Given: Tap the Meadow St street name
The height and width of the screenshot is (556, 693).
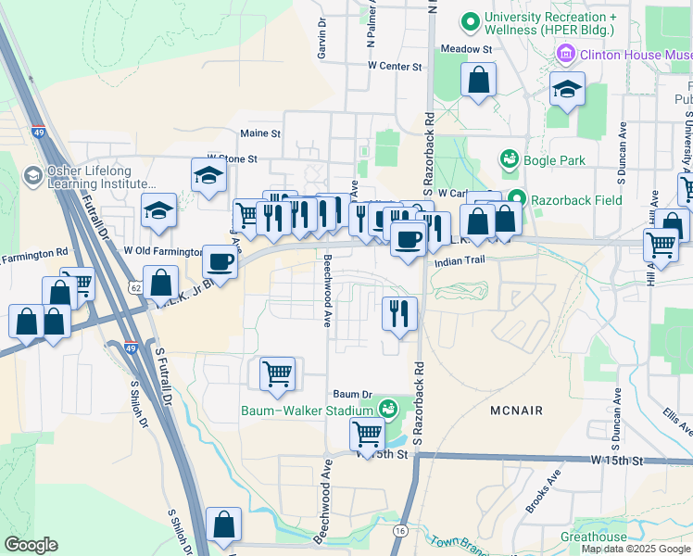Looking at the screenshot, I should coord(465,48).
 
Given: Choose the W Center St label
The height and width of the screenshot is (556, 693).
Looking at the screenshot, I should coord(394,67).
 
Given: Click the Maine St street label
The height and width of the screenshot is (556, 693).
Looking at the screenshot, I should coord(260,133).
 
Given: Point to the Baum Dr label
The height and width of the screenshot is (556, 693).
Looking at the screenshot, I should coord(352,394).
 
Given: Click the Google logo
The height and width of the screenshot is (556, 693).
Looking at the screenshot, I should coord(31,545).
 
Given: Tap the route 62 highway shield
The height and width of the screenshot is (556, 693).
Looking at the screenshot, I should coord(135,289).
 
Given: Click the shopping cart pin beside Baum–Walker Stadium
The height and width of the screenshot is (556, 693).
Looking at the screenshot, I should coord(277,373).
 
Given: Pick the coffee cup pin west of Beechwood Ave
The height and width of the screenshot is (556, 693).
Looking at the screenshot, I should coord(220,262).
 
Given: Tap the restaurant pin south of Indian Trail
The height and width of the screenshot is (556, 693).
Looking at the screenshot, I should coord(399,313).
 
